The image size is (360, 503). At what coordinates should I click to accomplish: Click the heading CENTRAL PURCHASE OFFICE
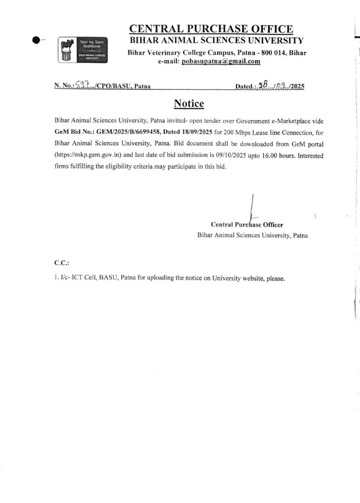coord(211,29)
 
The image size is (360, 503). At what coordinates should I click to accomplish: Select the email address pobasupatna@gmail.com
coord(221,61)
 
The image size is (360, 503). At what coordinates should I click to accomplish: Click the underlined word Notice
coord(189,104)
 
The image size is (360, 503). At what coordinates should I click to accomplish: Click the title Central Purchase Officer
coord(247,224)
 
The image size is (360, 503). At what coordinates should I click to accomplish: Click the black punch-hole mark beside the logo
coord(35,41)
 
